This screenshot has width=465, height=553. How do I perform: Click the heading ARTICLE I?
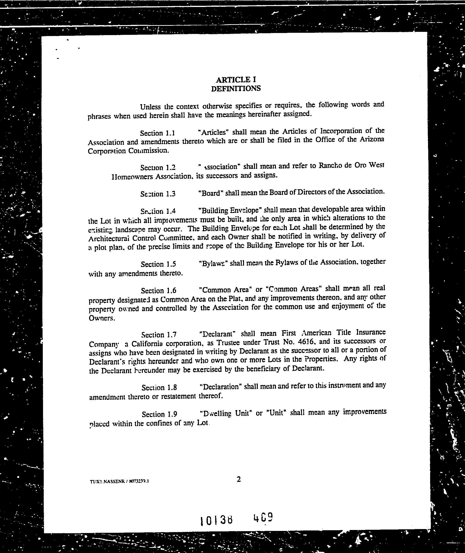(236, 79)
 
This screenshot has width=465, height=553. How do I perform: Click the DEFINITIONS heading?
(236, 89)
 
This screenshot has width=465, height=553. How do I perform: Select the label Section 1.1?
(158, 133)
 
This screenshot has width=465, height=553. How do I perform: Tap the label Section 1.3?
(158, 194)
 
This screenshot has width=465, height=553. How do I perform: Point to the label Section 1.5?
(158, 264)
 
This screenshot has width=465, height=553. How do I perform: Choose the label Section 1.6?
(158, 291)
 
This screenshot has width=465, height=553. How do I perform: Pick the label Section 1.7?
(159, 335)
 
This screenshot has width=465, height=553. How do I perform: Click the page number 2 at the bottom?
(239, 480)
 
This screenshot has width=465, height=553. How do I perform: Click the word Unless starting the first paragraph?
(151, 107)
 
